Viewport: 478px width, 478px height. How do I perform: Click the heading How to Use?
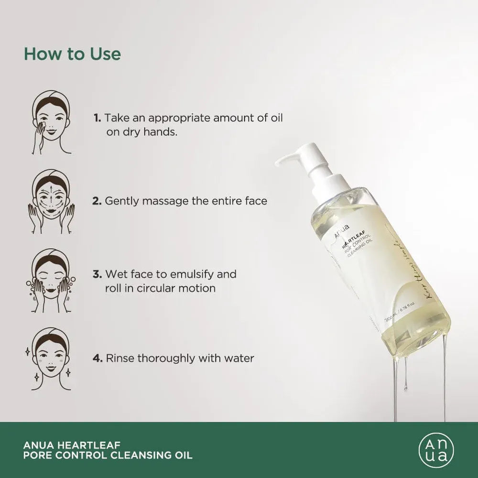click(72, 54)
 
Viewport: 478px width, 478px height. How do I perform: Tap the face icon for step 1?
click(52, 122)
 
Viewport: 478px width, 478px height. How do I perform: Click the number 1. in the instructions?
click(97, 118)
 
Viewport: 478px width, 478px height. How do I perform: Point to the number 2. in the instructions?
click(97, 201)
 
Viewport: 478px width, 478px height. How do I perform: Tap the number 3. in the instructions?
click(97, 274)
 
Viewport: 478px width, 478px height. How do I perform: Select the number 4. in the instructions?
click(97, 358)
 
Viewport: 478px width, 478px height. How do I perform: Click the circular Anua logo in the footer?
click(434, 450)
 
